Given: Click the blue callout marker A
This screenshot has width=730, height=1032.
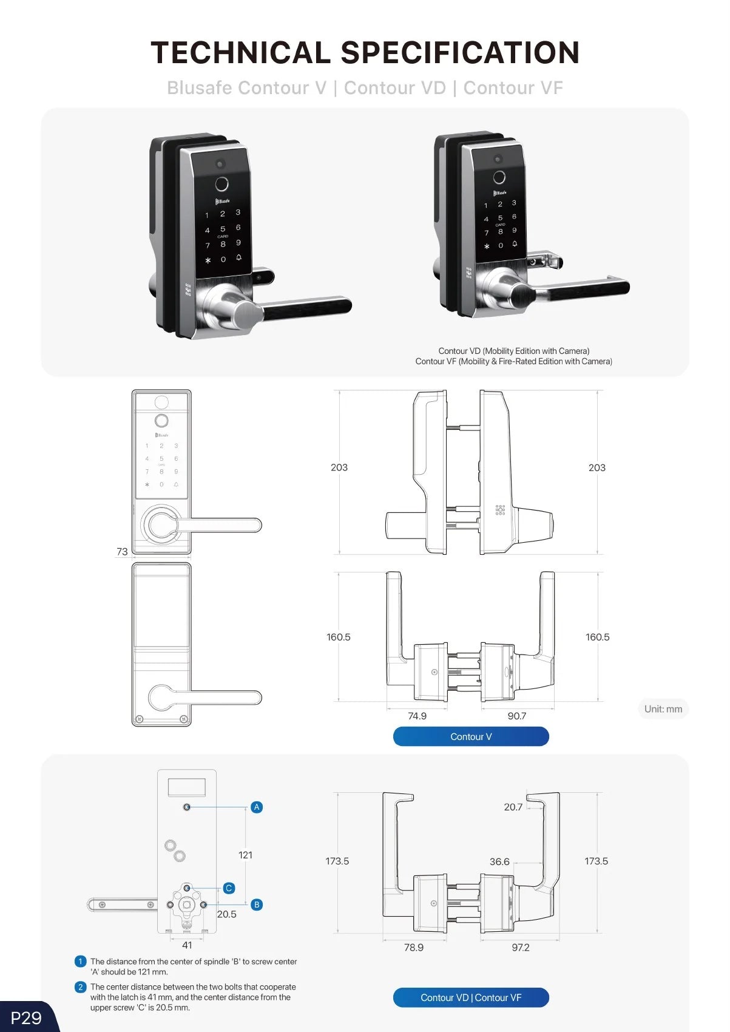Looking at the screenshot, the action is tap(257, 807).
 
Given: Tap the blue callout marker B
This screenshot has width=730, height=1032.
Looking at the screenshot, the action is tap(257, 905).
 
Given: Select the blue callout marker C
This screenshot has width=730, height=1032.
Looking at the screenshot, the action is tap(228, 888).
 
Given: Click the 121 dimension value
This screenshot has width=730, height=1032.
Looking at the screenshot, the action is tap(245, 855).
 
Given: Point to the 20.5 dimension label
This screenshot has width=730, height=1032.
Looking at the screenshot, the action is tap(226, 914).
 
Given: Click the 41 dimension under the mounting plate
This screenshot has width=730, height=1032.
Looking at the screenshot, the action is tap(186, 945).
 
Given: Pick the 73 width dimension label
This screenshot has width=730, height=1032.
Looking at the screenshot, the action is tap(122, 551).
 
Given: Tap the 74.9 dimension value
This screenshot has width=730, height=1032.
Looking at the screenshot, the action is tap(417, 716).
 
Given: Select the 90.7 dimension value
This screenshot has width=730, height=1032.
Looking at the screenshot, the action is tap(517, 716).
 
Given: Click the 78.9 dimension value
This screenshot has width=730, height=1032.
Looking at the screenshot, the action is tap(414, 947).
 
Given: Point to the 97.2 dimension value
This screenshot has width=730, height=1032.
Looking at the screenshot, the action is tap(521, 947).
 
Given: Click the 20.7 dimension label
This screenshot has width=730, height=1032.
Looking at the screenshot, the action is tap(513, 807).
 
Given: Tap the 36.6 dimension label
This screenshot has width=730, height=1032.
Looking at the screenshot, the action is tap(499, 861).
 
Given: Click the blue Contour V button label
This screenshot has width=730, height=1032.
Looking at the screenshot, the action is tap(471, 736).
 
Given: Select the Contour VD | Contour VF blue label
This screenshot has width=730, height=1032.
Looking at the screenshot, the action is tap(471, 997).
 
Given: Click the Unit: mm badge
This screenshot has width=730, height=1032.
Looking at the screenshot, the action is tap(663, 708).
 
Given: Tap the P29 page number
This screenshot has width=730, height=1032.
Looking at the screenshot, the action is tap(26, 1017).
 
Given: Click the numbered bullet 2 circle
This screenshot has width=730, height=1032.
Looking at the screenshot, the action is tap(80, 987).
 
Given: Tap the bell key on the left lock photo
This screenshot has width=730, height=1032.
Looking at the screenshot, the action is tap(238, 257).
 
